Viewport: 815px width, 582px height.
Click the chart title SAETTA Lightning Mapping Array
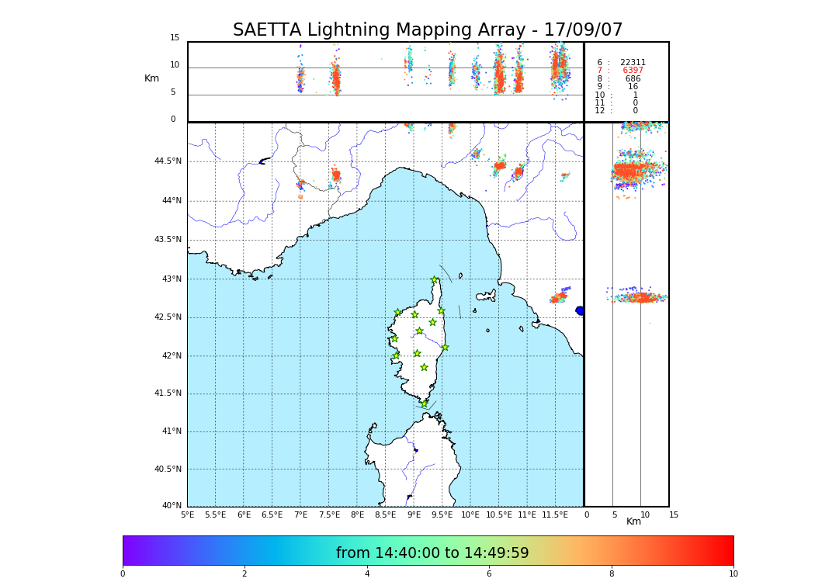point(428,30)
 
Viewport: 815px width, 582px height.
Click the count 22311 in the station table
point(633,63)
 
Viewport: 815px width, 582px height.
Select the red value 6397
point(633,71)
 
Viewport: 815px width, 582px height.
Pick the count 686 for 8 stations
point(633,79)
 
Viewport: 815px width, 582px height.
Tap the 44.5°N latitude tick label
point(168,161)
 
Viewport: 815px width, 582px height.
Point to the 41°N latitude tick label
point(170,431)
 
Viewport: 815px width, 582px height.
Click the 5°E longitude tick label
point(188,514)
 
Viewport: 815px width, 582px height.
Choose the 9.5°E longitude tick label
point(442,514)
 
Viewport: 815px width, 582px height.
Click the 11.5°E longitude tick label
point(555,514)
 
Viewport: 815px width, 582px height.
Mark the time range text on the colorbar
point(432,553)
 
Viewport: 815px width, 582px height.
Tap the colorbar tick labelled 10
point(733,574)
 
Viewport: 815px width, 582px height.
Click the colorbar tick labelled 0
point(123,574)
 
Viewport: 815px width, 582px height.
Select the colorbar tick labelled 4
point(367,574)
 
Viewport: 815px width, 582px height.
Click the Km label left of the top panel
point(152,78)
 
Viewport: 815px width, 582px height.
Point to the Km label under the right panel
point(634,521)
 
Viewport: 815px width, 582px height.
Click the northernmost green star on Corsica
point(435,280)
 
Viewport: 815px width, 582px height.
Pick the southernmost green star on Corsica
point(425,404)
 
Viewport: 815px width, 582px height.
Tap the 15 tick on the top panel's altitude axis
point(175,38)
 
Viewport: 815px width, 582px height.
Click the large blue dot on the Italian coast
point(580,310)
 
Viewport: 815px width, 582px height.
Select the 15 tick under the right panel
point(674,514)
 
